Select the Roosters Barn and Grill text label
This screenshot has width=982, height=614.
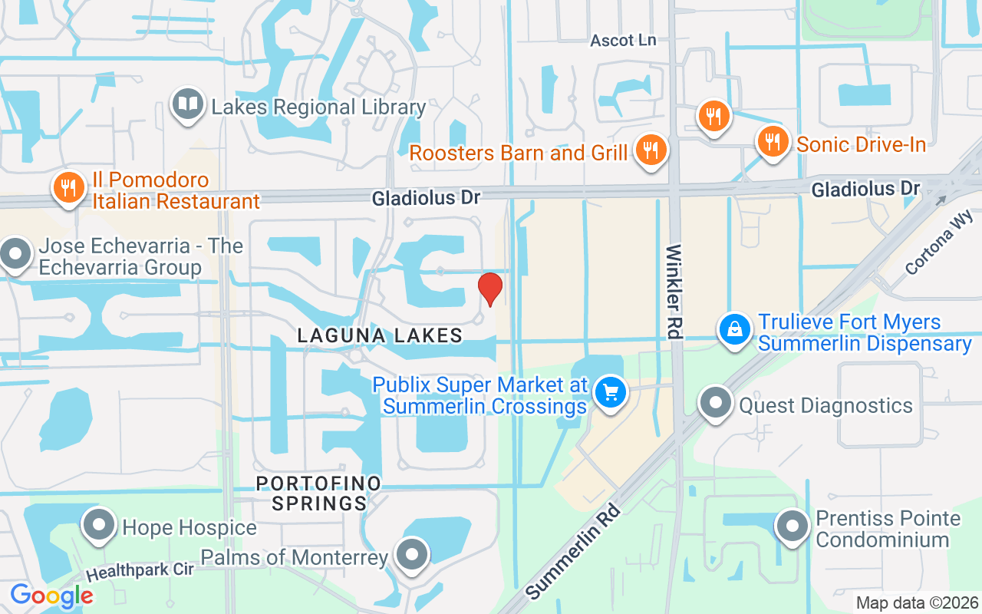[518, 153]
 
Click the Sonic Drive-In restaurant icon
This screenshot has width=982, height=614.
[773, 142]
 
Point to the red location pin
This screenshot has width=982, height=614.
[489, 289]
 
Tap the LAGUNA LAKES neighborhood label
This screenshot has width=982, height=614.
[380, 335]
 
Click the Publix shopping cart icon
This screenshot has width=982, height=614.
[611, 393]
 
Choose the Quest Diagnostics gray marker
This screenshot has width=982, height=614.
[716, 403]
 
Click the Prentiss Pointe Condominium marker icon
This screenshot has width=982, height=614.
[793, 527]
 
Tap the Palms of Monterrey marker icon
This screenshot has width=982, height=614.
[412, 554]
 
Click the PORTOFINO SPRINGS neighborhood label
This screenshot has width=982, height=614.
[318, 493]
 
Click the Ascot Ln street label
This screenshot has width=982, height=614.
[623, 40]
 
